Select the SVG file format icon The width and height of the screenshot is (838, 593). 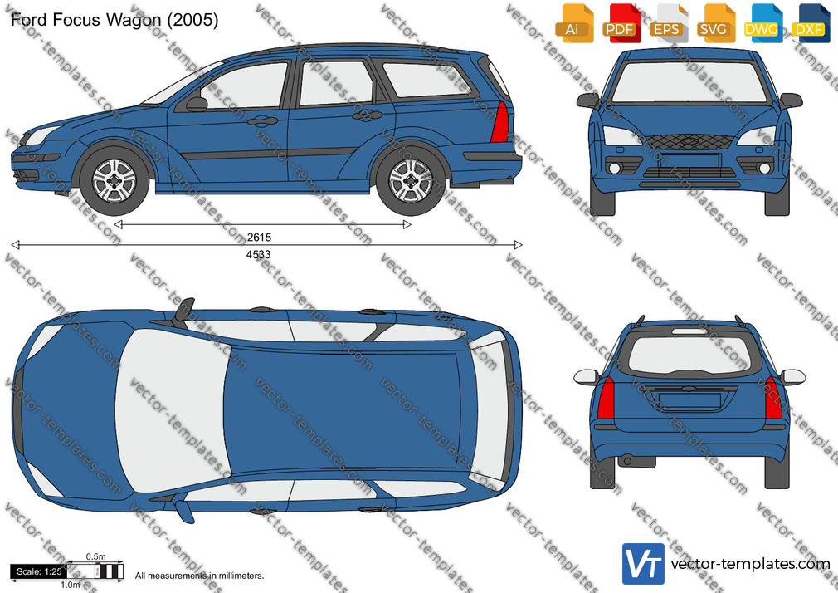click(716, 23)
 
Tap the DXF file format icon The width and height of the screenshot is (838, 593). click(811, 23)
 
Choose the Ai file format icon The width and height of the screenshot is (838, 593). click(574, 23)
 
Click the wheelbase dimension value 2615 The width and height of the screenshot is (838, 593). click(259, 237)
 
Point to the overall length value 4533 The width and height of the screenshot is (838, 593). click(258, 255)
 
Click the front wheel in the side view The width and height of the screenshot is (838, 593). click(114, 180)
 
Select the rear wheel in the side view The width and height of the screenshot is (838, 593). click(410, 180)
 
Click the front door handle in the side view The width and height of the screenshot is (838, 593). click(262, 121)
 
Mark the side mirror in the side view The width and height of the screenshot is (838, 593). click(196, 104)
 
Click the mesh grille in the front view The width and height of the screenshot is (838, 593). click(689, 142)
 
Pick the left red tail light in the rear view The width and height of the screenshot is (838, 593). click(606, 397)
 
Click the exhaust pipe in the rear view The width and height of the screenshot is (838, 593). click(627, 461)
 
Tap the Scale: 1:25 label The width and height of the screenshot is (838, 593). click(39, 571)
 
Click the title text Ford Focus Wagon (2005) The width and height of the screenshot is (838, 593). click(114, 20)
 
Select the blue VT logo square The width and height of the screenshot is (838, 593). click(643, 564)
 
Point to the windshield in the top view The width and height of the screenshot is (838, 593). click(172, 410)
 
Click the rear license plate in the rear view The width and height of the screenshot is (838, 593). click(689, 400)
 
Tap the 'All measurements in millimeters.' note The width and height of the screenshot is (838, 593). click(199, 576)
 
